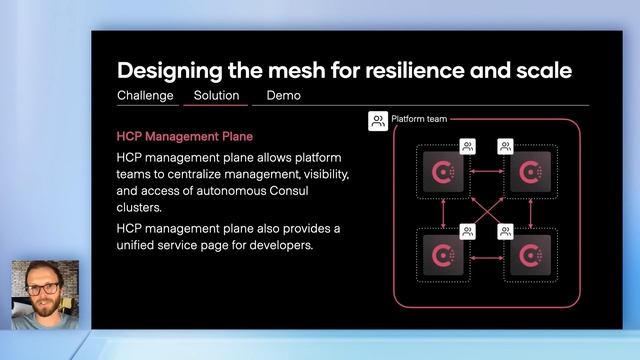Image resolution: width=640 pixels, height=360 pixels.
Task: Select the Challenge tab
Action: point(145,96)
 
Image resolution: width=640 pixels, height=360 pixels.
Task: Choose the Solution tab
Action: point(216,96)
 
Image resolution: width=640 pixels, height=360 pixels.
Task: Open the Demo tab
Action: point(283,96)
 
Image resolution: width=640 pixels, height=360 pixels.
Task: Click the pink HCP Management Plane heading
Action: point(185,136)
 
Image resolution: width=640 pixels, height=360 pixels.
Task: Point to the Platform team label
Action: point(419,119)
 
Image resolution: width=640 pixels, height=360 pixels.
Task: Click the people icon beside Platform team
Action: point(378,121)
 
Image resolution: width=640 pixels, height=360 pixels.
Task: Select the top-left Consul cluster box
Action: point(440,174)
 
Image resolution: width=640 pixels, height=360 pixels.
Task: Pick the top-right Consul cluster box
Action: point(526,174)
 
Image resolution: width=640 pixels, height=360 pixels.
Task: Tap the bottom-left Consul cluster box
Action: point(440,256)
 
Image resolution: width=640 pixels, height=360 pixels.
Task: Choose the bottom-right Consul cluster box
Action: point(526,256)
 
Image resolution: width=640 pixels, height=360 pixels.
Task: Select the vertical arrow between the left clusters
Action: point(441,214)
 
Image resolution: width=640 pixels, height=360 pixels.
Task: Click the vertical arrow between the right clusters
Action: point(527,214)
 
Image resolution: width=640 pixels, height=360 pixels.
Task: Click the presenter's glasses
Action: point(43,289)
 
